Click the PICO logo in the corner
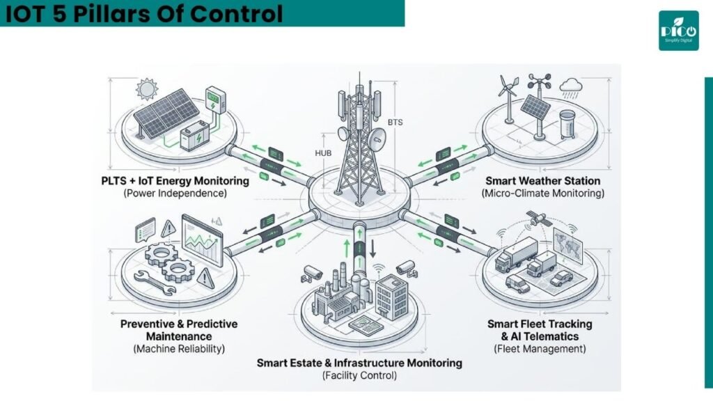click(x=678, y=31)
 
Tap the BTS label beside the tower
click(x=395, y=123)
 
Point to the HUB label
click(x=323, y=153)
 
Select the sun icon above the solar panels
click(x=147, y=88)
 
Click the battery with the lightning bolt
click(x=195, y=135)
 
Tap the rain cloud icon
click(x=571, y=88)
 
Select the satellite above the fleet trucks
click(x=538, y=219)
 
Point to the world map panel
click(x=568, y=246)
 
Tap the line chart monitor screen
click(x=203, y=240)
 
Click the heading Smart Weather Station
click(x=543, y=181)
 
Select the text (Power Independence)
click(x=175, y=194)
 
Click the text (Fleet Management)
click(x=540, y=349)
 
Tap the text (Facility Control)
click(x=359, y=375)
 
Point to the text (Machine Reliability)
click(x=179, y=349)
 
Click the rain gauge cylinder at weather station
click(x=567, y=124)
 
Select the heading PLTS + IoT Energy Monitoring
click(x=175, y=181)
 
